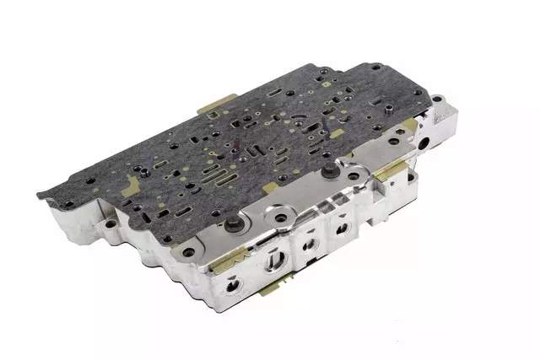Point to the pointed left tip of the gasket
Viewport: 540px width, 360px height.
38,196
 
